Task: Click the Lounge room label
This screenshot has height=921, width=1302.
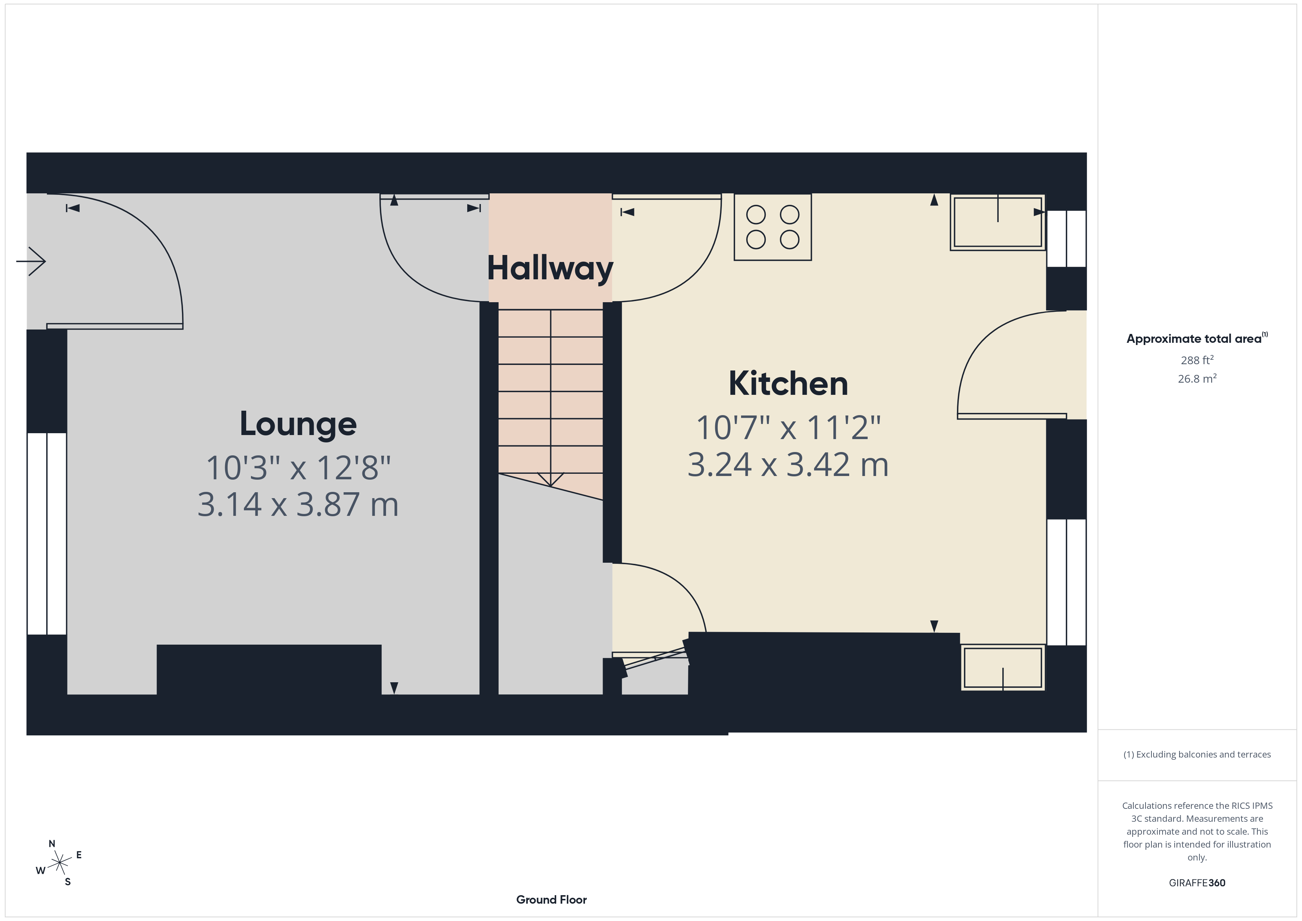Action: (x=298, y=424)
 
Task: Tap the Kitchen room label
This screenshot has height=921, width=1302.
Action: (x=788, y=384)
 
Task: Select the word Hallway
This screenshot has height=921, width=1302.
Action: (x=550, y=268)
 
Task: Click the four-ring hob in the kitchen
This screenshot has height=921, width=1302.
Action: (x=772, y=227)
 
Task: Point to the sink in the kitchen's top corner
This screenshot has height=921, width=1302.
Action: (x=998, y=222)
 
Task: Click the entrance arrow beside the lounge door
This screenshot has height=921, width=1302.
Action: (x=32, y=262)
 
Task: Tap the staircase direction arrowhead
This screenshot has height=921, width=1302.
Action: (x=550, y=479)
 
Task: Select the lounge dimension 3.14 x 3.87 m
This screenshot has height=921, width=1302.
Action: (x=298, y=504)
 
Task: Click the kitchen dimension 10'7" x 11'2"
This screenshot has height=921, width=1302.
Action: (x=788, y=428)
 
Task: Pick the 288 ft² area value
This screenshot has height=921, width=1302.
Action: (x=1196, y=360)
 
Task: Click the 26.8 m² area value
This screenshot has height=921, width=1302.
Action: (x=1196, y=379)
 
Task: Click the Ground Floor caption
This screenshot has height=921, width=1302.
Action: (x=551, y=900)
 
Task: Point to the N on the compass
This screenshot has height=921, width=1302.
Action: (x=52, y=844)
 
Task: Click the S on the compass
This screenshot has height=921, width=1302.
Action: (x=68, y=882)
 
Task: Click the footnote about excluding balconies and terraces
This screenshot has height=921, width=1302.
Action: (x=1196, y=754)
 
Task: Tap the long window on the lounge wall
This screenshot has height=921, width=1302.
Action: (x=47, y=533)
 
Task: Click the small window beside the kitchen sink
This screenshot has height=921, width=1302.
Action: (x=1066, y=238)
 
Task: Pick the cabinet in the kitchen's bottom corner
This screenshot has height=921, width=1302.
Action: (x=1003, y=668)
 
